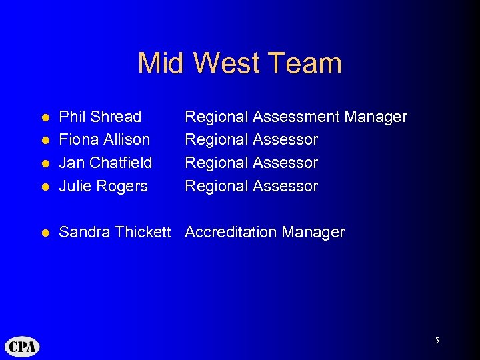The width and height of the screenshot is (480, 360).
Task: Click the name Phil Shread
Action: click(x=100, y=117)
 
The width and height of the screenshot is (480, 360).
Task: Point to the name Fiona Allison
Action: click(x=105, y=140)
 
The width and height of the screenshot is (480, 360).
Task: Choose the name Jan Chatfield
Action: click(x=105, y=163)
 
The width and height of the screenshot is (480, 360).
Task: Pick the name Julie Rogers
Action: click(x=103, y=186)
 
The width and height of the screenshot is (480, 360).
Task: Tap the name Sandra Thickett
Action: click(x=115, y=233)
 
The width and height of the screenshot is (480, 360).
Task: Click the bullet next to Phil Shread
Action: click(x=45, y=118)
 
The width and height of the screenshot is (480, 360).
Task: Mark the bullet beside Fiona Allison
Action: click(x=45, y=141)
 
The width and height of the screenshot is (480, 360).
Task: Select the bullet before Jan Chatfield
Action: click(x=45, y=163)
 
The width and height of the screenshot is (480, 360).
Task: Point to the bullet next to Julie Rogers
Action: click(x=45, y=187)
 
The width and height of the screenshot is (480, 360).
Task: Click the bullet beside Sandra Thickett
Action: click(x=45, y=233)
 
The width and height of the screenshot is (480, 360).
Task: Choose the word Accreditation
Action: click(x=231, y=233)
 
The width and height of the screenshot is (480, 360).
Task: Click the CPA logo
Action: click(x=23, y=347)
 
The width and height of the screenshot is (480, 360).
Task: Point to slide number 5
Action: click(x=437, y=341)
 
